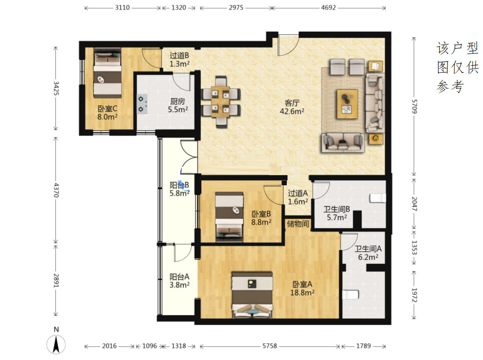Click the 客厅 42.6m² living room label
click(x=292, y=107)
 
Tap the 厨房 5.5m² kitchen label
click(x=178, y=105)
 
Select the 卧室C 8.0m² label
click(x=107, y=113)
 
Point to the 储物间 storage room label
click(x=298, y=224)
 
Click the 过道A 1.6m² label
click(x=298, y=197)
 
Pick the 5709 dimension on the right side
click(x=414, y=106)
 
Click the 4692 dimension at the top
click(x=328, y=7)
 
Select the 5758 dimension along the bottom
click(x=269, y=346)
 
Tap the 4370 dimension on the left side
click(x=56, y=190)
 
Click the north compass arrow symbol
click(x=56, y=344)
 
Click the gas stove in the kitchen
click(x=142, y=104)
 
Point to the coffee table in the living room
click(x=347, y=104)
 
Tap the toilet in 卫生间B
click(x=378, y=198)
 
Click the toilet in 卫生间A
click(x=350, y=295)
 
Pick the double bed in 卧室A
click(x=252, y=295)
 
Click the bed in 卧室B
click(x=229, y=217)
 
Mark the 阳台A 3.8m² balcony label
click(x=179, y=281)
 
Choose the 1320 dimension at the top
click(x=179, y=7)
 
